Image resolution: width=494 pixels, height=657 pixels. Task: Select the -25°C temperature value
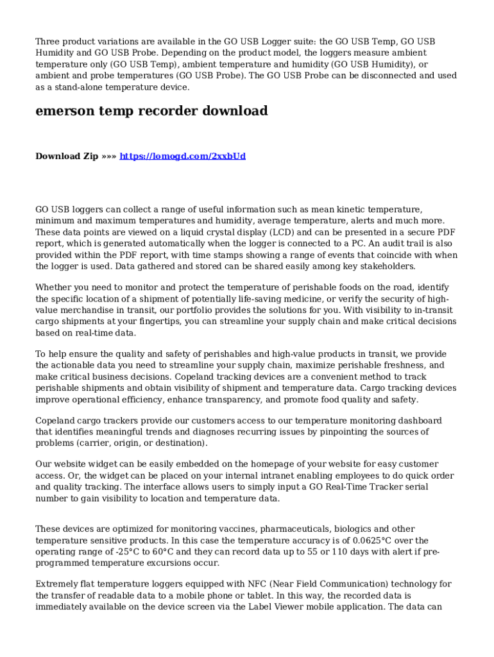[x=124, y=552]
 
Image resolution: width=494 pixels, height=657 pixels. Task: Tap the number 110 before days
[x=341, y=552]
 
